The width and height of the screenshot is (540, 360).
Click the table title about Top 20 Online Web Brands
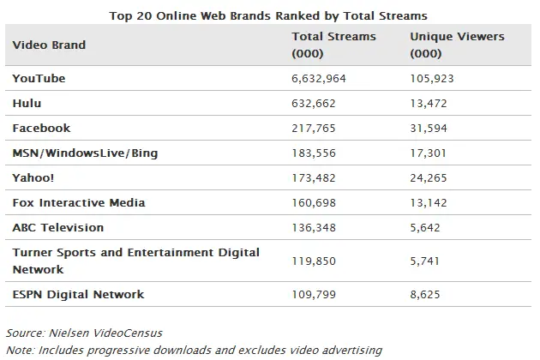(x=268, y=15)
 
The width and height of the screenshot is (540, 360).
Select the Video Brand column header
(x=49, y=45)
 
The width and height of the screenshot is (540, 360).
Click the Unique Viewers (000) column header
(x=457, y=45)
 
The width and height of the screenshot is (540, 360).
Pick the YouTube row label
(x=39, y=78)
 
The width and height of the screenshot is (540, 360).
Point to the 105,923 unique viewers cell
(x=434, y=78)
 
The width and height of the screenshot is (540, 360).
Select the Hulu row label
(x=27, y=103)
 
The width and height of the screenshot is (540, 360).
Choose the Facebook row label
(x=41, y=128)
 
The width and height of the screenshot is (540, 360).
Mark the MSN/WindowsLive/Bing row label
(x=85, y=153)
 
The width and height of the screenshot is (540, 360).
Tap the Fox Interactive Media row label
(x=79, y=202)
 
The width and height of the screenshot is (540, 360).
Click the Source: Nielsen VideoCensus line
(x=83, y=333)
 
